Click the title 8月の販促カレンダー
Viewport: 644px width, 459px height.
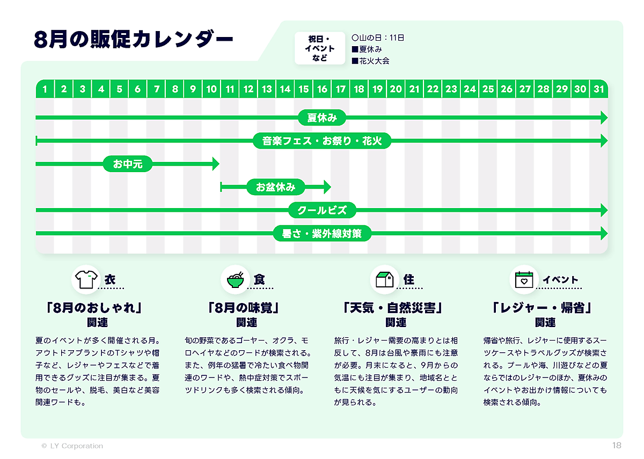click(134, 41)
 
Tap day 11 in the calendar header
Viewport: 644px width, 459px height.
click(230, 89)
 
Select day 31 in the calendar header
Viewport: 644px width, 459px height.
click(598, 89)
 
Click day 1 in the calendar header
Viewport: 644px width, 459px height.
click(45, 89)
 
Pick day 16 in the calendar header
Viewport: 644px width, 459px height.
click(322, 89)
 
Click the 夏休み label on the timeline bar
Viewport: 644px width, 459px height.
click(321, 117)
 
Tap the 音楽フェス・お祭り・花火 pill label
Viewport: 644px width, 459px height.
click(322, 141)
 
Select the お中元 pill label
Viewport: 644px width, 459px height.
click(128, 164)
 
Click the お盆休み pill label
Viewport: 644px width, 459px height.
click(275, 187)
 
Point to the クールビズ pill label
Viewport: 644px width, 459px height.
click(322, 210)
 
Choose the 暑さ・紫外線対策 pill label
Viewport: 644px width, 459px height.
click(322, 234)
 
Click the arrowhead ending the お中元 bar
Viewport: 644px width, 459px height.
click(216, 164)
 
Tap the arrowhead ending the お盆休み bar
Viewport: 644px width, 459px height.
click(327, 187)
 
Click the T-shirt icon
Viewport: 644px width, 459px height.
click(86, 279)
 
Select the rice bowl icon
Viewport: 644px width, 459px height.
click(235, 279)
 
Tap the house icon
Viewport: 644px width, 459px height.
click(384, 279)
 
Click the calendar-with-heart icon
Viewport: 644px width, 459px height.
click(523, 279)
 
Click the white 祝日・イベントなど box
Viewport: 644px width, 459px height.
click(320, 48)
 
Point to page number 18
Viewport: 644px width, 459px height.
click(617, 446)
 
